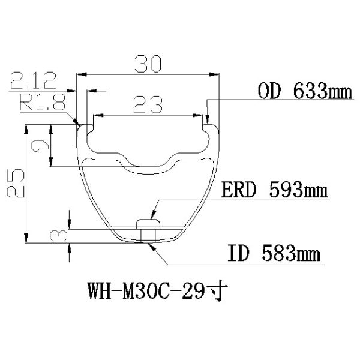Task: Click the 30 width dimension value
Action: coord(146,63)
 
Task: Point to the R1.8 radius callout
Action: coord(43,101)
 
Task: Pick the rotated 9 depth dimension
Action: coord(41,146)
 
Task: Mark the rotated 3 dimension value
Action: coord(61,235)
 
